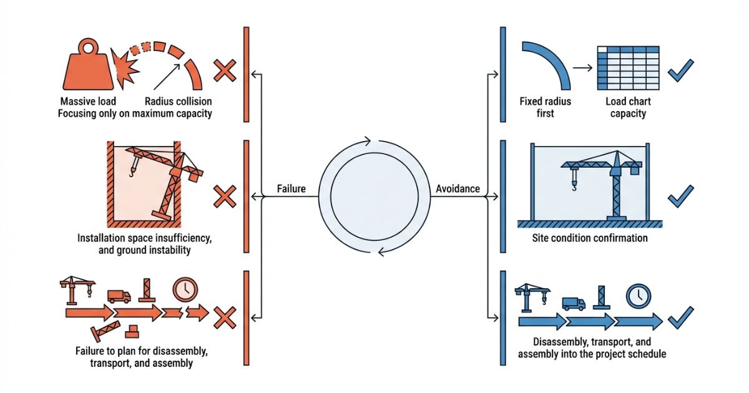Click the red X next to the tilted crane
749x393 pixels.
[225, 196]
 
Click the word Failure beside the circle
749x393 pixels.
[291, 188]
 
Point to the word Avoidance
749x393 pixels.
[458, 188]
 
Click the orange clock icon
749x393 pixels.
[185, 289]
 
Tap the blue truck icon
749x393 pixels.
[574, 303]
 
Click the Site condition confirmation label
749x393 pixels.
[590, 238]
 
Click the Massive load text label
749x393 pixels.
[88, 101]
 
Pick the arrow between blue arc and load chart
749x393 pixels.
[582, 67]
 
